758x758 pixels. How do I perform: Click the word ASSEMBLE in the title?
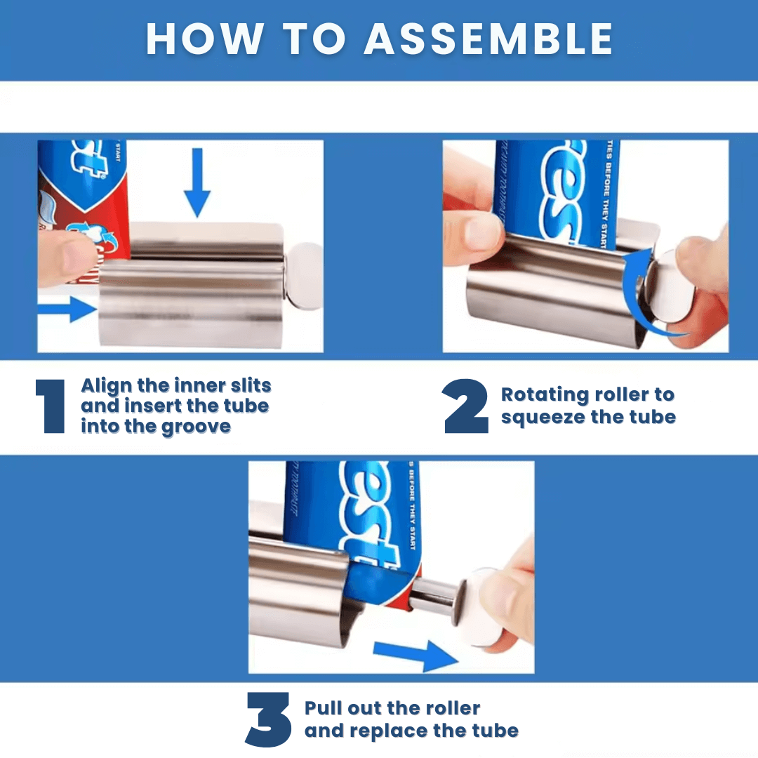[488, 39]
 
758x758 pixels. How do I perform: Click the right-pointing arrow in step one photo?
[69, 309]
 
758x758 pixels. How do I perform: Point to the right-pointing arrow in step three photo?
[414, 654]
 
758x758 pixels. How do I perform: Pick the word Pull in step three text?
[326, 708]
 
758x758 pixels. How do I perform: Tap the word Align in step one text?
[109, 385]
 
